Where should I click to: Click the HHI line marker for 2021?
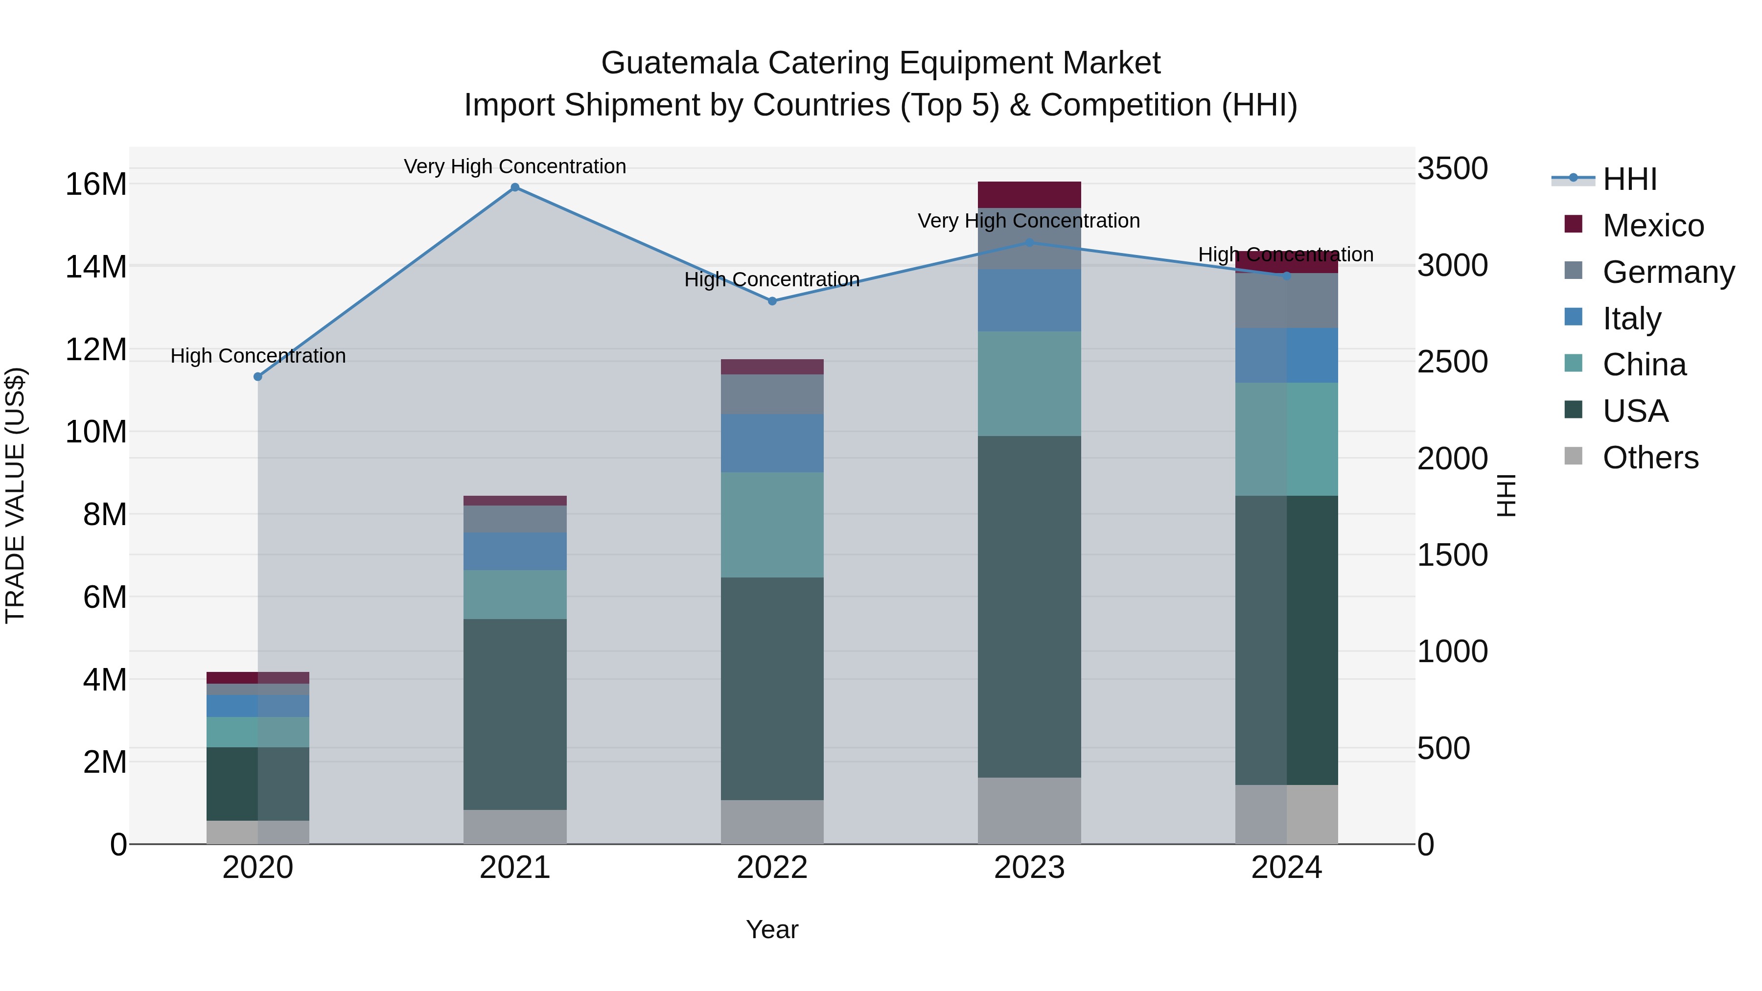[x=515, y=187]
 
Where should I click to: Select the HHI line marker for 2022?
[x=772, y=301]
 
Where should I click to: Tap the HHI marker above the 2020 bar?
[x=258, y=377]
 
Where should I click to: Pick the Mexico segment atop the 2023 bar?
[x=1029, y=195]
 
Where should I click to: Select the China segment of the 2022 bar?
[x=772, y=525]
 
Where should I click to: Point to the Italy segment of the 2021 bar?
[x=515, y=551]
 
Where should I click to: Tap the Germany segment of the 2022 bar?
[x=772, y=394]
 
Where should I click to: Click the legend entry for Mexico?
[x=1652, y=226]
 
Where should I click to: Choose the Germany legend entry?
[x=1668, y=272]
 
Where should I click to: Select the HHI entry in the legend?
[x=1629, y=179]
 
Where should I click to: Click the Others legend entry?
[x=1650, y=458]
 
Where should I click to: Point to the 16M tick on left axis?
[x=96, y=184]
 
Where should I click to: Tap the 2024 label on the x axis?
[x=1286, y=868]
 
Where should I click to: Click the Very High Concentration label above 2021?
[x=515, y=166]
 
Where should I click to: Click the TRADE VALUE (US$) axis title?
[x=15, y=495]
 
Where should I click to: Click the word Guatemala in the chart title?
[x=678, y=63]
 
